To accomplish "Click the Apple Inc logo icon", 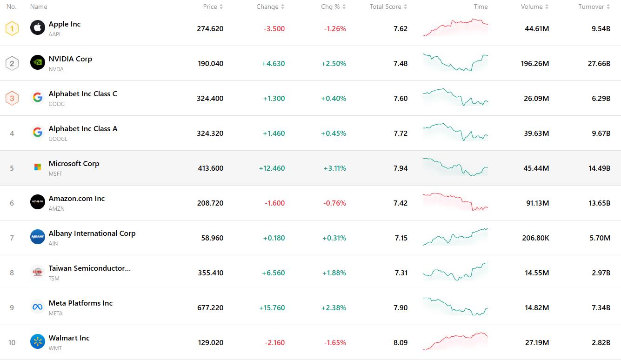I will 38,27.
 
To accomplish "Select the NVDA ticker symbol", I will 56,69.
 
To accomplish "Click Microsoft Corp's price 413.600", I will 210,168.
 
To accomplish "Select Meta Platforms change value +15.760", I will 272,308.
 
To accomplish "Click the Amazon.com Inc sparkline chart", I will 455,202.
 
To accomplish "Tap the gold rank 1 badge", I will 12,28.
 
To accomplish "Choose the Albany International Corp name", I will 92,233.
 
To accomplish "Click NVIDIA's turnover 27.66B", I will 599,64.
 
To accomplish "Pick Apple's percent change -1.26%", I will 335,29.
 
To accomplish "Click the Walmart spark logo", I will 38,341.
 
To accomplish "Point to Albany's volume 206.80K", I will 535,238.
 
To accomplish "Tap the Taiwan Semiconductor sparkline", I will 455,272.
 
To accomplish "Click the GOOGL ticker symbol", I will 58,139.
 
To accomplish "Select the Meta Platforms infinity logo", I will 38,307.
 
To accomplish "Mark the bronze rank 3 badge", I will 12,98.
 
